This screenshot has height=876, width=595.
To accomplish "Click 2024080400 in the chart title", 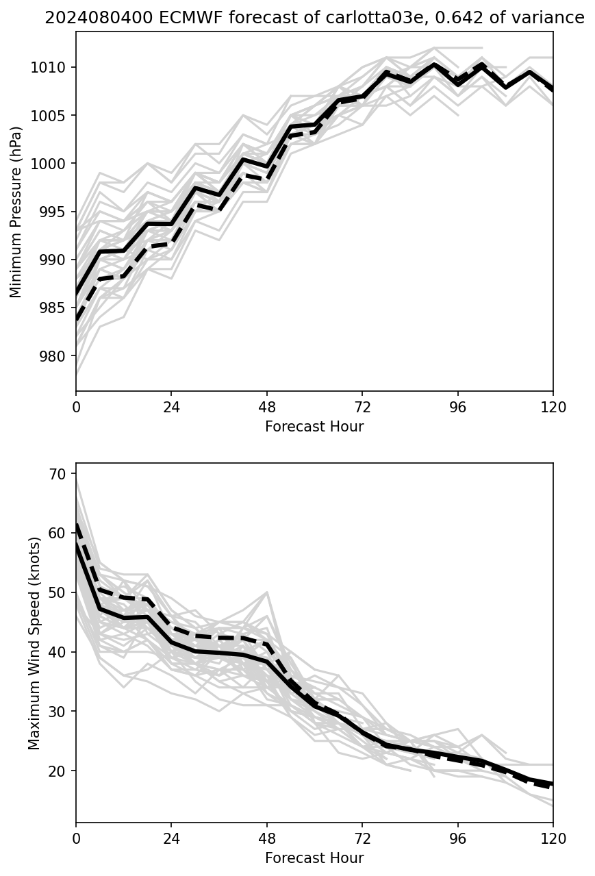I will coord(90,18).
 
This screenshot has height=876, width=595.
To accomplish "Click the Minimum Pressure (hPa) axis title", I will coord(16,212).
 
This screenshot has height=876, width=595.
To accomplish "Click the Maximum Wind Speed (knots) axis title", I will coord(35,642).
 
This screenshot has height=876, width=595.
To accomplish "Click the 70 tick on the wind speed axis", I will coord(58,474).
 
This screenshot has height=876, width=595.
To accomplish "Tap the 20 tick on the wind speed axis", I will coord(58,771).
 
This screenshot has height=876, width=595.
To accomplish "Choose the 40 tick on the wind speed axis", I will coord(58,652).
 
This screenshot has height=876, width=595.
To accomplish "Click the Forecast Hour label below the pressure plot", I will coord(314,427).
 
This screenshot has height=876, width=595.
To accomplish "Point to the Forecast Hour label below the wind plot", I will coord(314,858).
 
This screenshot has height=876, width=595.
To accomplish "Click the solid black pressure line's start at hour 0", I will coord(77,294).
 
